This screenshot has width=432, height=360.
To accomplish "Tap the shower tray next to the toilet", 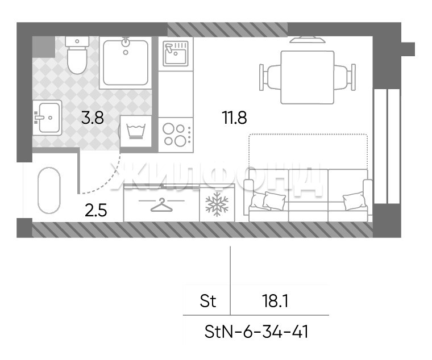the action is point(126,63).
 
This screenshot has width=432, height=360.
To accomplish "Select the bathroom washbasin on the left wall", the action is point(47,118).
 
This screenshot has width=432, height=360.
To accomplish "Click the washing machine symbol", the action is point(136,131).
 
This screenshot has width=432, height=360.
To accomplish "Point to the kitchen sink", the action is point(176,53).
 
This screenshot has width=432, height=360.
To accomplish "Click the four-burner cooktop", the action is point(176,135).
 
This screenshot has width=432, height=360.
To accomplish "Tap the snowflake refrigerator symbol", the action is point(217,204).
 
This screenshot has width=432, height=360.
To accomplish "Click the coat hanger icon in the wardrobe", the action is point(161,205).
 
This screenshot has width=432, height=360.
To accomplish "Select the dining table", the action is point(308,77).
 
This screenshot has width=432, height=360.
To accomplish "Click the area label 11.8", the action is point(234,118).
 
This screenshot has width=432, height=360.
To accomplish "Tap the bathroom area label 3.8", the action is point(93,118).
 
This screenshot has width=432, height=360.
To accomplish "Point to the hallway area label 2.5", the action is point(95,211).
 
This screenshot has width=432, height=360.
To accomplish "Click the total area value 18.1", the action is point(275,301).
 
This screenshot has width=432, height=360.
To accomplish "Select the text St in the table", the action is point(208,301).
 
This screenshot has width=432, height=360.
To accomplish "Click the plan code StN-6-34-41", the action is point(256,332).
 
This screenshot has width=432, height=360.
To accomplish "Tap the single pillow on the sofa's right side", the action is point(354,200).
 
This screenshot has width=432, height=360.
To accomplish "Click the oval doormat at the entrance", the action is point(49,190).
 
